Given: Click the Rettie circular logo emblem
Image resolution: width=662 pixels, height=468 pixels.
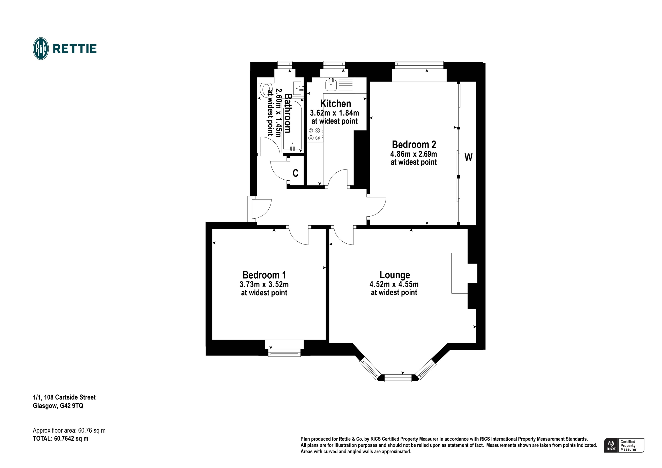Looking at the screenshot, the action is coord(41,49).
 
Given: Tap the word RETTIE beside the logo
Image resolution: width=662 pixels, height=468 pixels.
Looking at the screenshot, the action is coord(75,49).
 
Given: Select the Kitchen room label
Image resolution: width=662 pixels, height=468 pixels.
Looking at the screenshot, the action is coord(336,103).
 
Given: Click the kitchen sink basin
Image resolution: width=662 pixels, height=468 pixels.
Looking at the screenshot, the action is coord(331,85).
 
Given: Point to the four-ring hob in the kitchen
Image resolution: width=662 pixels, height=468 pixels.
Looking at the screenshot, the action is coord(315,134).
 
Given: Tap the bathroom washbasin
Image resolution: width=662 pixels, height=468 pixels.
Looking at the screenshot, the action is coord(298,88).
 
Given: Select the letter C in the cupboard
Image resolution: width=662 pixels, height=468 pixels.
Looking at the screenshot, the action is coord(296,173).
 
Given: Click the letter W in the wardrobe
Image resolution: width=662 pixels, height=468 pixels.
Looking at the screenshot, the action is coord(469,157).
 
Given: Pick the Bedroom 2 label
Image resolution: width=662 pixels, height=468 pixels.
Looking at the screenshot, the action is coord(414,144).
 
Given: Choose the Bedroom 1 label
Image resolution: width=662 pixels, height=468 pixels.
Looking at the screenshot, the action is coord(264,275).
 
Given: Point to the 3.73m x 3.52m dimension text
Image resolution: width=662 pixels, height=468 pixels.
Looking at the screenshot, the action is coord(264,285).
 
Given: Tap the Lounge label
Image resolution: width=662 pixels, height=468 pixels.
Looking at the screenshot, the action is coord(395,275).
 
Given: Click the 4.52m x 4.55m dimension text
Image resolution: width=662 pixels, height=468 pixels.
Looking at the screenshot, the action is coord(394,284).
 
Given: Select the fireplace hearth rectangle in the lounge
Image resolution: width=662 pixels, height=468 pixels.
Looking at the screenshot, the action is coord(460,273).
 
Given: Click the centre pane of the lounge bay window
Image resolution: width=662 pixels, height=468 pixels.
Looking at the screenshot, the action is coord(398,378).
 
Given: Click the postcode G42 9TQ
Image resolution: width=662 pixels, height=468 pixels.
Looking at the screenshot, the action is coord(72,406).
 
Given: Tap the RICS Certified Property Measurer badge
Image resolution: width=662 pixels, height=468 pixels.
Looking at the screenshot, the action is coord(624,445).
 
